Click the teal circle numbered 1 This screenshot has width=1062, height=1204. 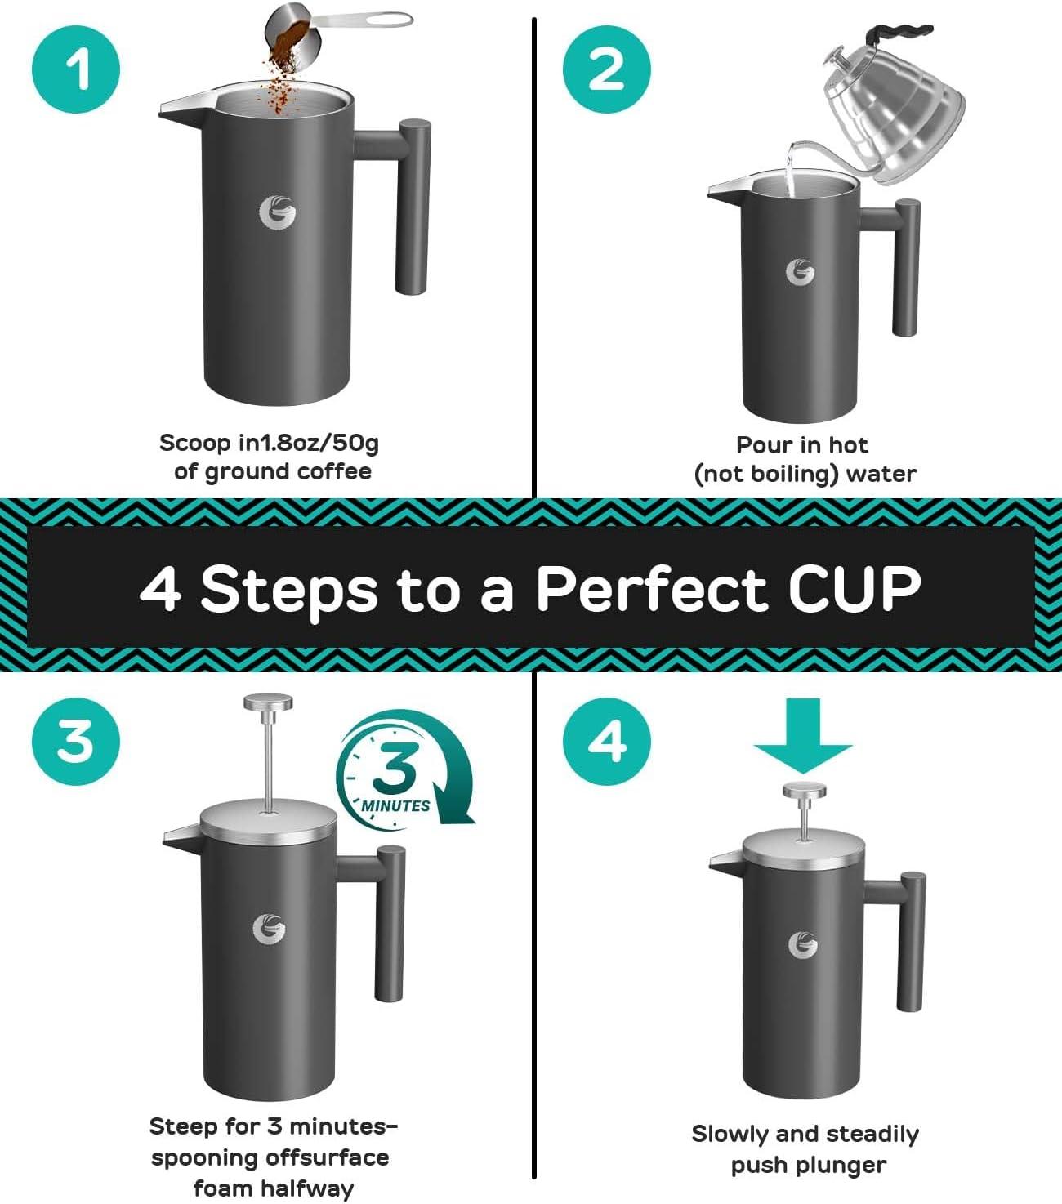tap(76, 69)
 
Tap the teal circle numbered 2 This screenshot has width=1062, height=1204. tap(606, 69)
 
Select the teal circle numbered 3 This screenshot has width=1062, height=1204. tap(76, 741)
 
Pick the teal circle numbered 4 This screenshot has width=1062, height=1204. tap(606, 741)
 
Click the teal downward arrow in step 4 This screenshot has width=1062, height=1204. tap(803, 735)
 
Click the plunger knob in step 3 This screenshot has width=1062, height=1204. tap(269, 703)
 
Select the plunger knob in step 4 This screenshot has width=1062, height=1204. tap(805, 791)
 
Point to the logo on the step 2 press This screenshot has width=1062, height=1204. tap(800, 272)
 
